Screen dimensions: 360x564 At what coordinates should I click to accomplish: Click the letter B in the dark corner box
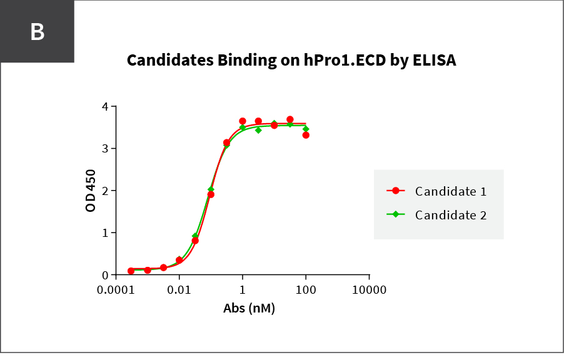pos(38,32)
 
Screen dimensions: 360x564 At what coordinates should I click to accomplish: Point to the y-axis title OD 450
pos(91,191)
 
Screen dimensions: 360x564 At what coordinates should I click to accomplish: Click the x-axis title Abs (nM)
pos(249,308)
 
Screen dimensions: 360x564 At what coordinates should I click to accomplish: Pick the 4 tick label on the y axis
pos(104,107)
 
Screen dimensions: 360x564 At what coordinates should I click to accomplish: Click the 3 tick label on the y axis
pos(104,149)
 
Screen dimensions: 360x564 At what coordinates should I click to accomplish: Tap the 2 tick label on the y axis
pos(104,191)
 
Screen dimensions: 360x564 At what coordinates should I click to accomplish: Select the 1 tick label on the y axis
pos(104,232)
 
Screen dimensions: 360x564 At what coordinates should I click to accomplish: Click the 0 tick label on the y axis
pos(104,275)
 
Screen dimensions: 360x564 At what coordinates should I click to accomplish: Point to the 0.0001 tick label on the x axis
pos(116,290)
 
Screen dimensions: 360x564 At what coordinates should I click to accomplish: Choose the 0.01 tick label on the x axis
pos(179,290)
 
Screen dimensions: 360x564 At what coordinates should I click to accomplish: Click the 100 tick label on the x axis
pos(306,290)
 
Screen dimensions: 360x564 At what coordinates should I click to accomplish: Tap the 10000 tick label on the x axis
pos(369,290)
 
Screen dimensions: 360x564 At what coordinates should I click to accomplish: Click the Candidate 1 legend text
pos(451,191)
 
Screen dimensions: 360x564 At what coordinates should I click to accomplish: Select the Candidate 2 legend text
pos(451,215)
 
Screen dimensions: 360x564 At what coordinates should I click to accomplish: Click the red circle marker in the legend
pos(396,191)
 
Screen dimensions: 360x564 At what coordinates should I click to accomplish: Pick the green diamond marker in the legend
pos(396,214)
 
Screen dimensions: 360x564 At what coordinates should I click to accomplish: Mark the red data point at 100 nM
pos(306,135)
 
